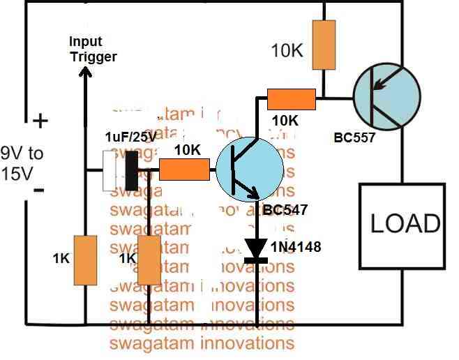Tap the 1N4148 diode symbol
tap(258, 248)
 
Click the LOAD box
tap(402, 224)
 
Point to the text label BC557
tap(354, 137)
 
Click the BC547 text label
tap(285, 209)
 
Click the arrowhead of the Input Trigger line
tap(86, 71)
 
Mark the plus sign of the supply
tap(40, 121)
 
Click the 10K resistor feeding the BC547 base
tap(184, 170)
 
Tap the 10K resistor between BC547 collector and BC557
tap(291, 100)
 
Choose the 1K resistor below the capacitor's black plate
tap(149, 260)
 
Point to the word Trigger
tap(93, 57)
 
